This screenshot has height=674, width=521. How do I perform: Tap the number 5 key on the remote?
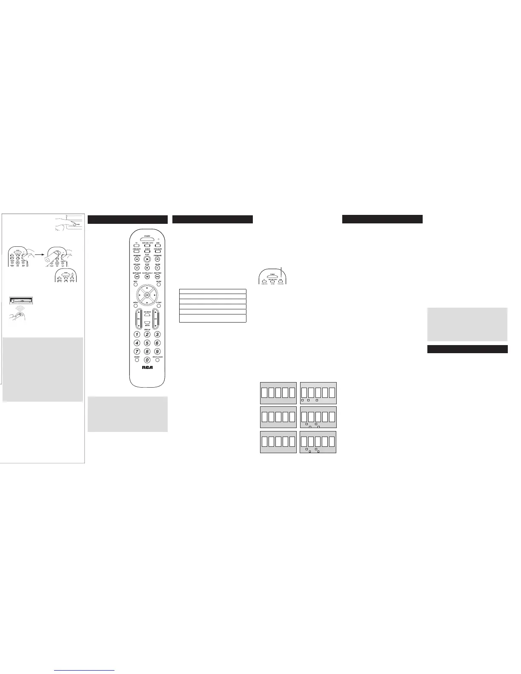pos(147,343)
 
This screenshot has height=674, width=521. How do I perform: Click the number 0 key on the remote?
pos(147,360)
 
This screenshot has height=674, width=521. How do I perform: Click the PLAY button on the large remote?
pos(147,259)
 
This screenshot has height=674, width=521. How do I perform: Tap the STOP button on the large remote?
pos(147,268)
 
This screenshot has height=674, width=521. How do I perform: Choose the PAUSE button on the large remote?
pos(157,268)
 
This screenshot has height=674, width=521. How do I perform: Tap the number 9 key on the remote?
pos(157,351)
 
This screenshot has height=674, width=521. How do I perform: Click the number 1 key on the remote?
pos(137,334)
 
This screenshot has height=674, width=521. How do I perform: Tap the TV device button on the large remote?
pos(137,246)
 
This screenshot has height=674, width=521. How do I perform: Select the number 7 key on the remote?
pos(137,351)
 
